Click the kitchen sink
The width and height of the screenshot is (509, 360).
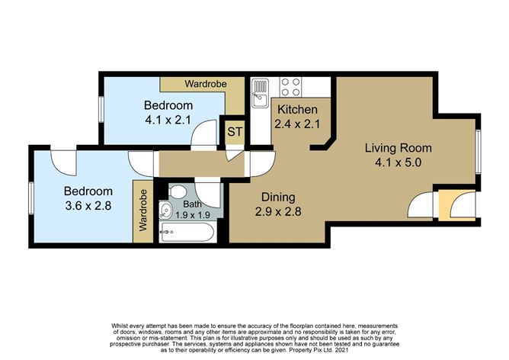click(x=259, y=92)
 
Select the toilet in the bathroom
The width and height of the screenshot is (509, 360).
click(x=177, y=193)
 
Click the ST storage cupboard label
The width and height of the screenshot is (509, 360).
click(x=235, y=132)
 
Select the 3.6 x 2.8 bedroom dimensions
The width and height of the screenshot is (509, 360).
click(x=88, y=205)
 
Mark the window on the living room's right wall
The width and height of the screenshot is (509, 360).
click(x=479, y=151)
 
